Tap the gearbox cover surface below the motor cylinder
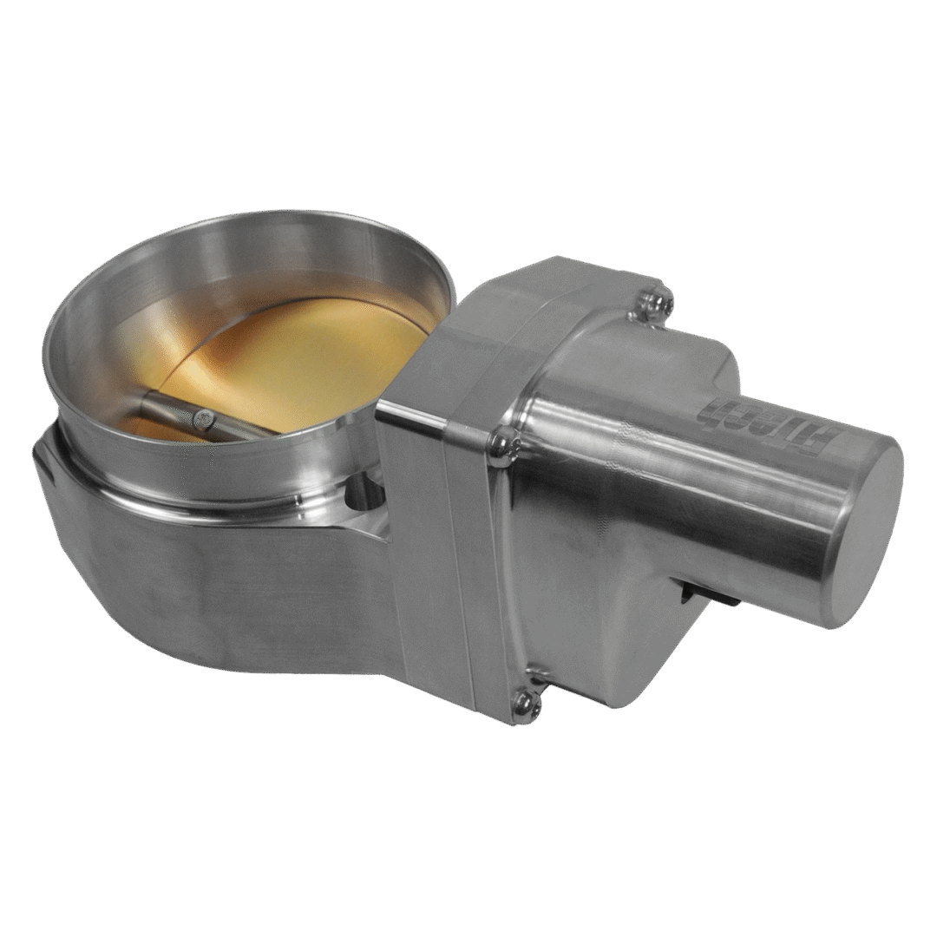[x=625, y=642]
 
